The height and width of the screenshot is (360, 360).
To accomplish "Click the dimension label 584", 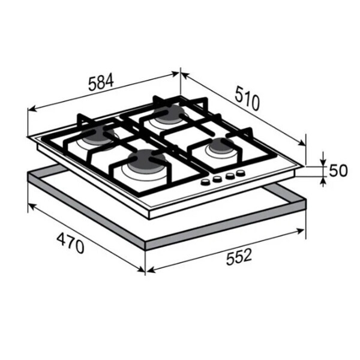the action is point(101,82).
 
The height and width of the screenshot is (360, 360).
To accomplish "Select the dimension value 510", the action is point(247,98).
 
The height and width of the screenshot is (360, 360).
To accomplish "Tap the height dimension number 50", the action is point(338,170).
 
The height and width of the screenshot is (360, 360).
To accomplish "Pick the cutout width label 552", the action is point(239,257).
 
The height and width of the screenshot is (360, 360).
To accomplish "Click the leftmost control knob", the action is point(205,182).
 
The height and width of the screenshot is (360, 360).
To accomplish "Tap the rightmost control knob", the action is point(241,173).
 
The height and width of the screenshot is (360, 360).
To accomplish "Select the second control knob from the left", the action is point(217,179).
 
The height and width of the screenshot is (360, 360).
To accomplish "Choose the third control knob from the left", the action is point(230,176).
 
